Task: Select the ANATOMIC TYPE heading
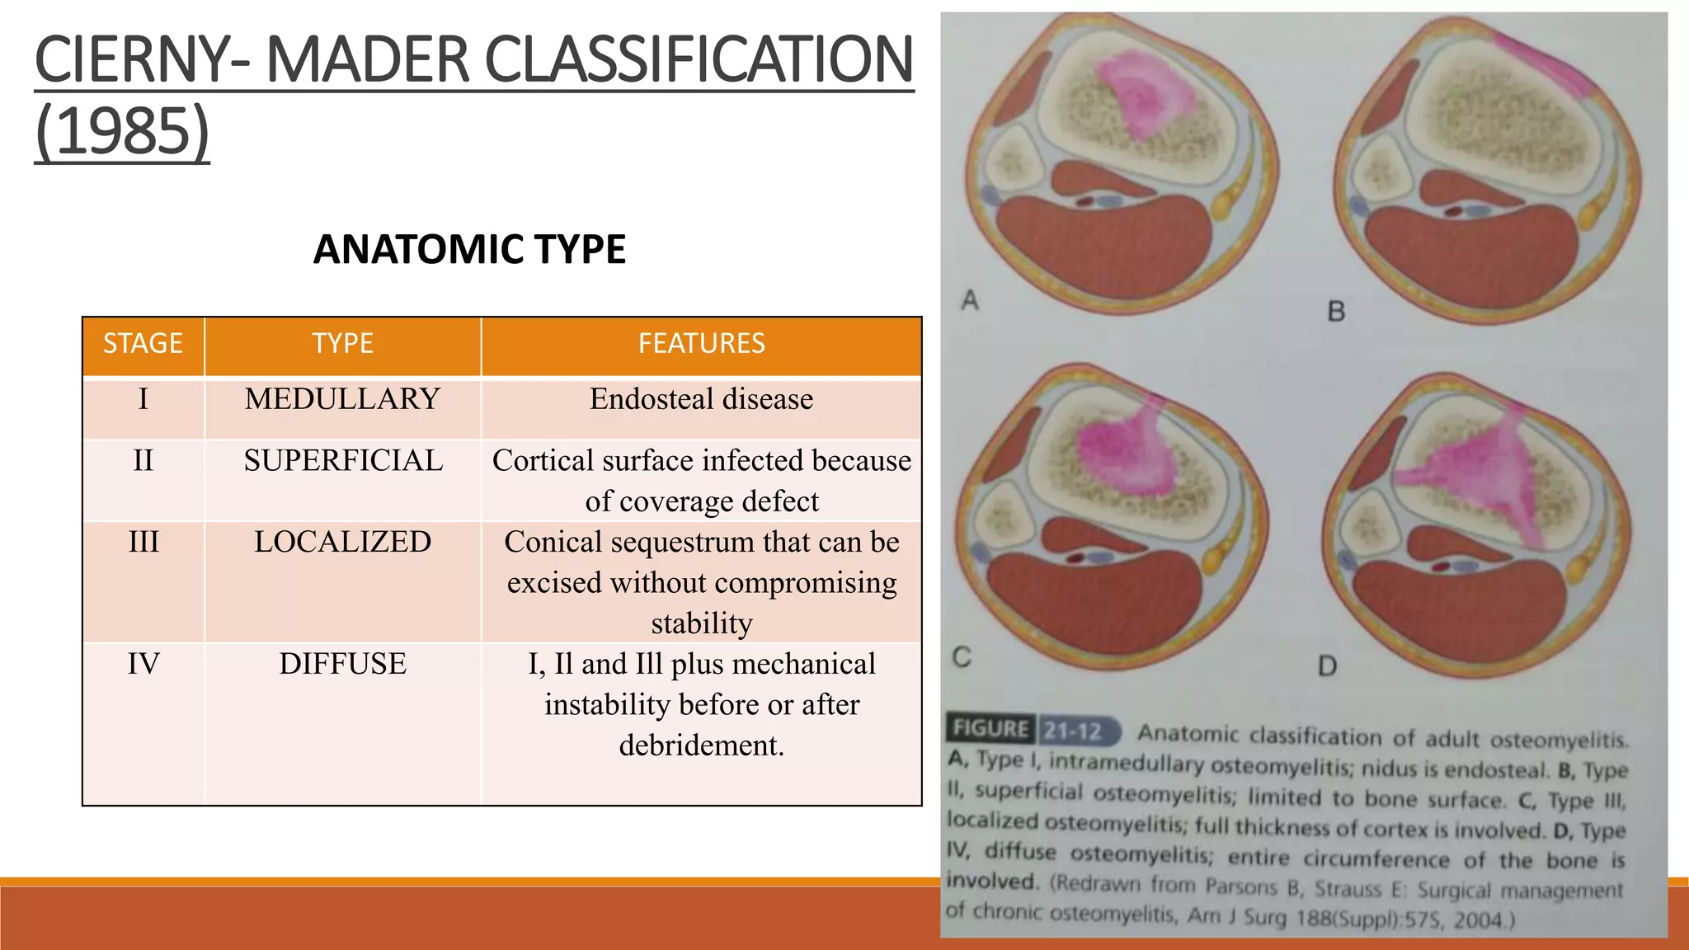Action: pos(469,249)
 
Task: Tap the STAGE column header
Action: pos(143,343)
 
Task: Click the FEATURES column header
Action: pos(701,343)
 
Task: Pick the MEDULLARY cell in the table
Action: pos(342,399)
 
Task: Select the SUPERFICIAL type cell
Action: pos(343,460)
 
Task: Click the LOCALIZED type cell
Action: pos(342,542)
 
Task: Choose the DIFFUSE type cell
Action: pos(342,664)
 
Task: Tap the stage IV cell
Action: pos(143,664)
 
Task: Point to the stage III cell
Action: pos(143,542)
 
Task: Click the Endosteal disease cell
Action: pos(701,399)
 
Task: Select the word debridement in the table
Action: pos(700,745)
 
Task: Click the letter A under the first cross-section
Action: pos(970,300)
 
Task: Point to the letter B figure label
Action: pos(1336,312)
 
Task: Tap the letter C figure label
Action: pos(962,657)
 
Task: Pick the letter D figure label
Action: pos(1327,665)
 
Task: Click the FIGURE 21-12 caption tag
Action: pos(1032,730)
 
